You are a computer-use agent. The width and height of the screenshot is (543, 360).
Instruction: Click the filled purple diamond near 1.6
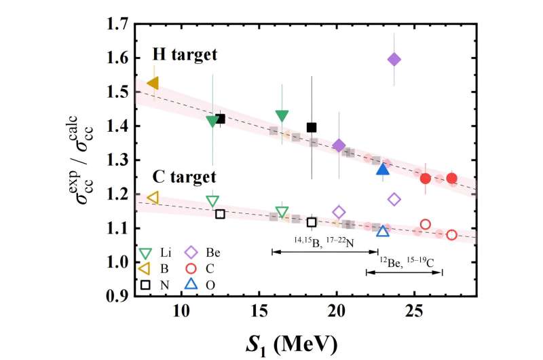tap(394, 59)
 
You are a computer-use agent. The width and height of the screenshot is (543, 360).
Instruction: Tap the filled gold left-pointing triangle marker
tap(153, 83)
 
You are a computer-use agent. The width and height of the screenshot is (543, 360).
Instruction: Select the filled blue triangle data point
tap(383, 168)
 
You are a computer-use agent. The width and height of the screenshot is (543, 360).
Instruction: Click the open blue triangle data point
tap(383, 232)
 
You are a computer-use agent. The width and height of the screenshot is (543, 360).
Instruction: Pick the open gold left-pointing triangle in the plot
tap(153, 198)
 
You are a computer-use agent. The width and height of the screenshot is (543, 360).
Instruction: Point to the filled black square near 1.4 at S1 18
tap(312, 127)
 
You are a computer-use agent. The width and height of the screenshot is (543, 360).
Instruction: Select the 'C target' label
tap(179, 177)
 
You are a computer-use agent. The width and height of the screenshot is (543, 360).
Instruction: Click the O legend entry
tap(200, 285)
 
